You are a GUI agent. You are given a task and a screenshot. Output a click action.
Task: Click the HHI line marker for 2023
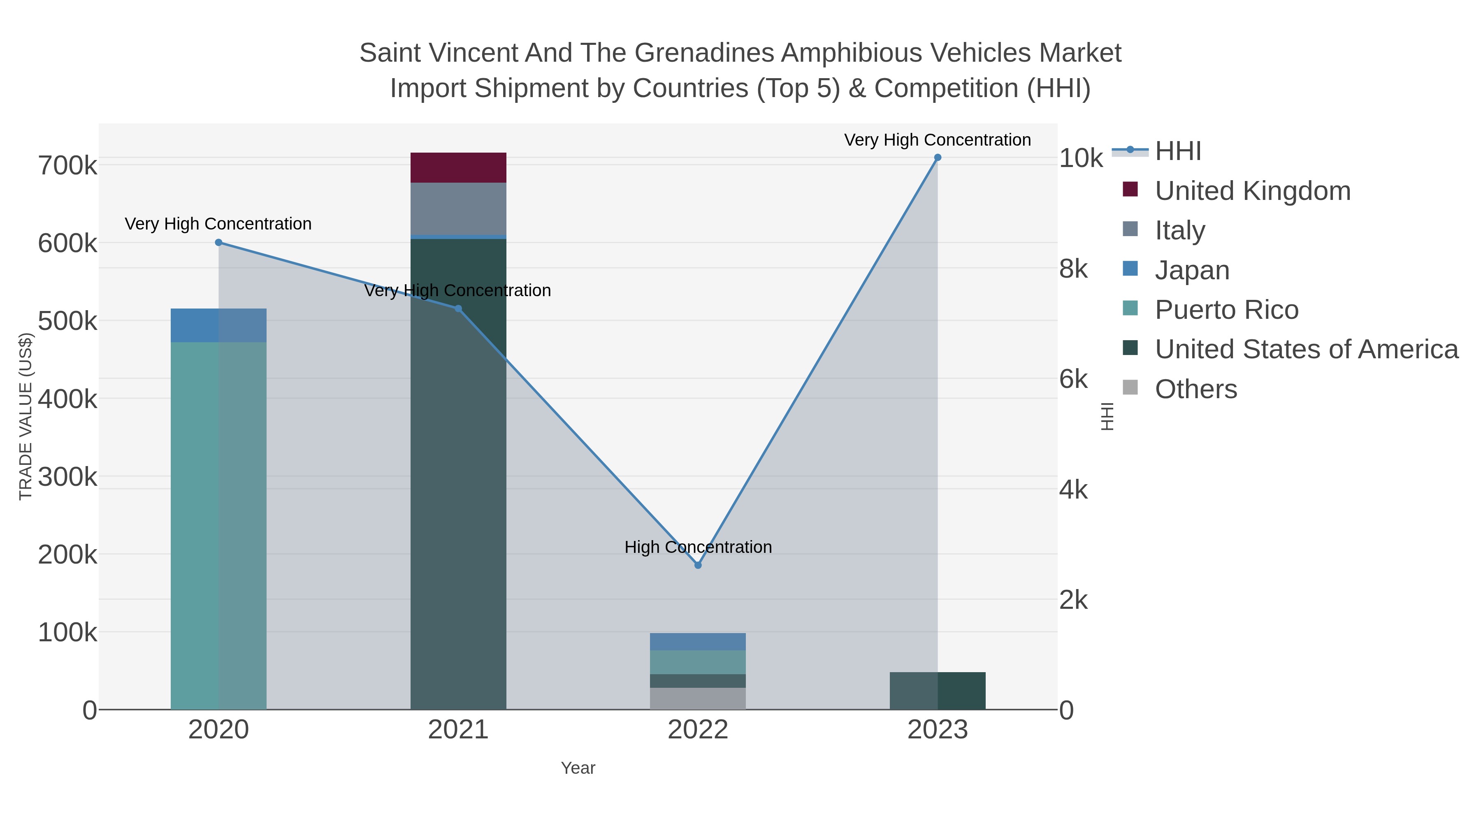(x=937, y=158)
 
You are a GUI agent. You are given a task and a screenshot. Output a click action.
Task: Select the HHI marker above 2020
(x=218, y=243)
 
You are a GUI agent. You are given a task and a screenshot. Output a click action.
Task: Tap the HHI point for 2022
(x=698, y=565)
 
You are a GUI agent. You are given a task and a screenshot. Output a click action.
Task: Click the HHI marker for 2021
(x=458, y=309)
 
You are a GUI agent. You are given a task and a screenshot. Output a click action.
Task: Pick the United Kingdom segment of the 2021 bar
(x=458, y=167)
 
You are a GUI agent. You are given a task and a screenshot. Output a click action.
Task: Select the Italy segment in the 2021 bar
(x=458, y=209)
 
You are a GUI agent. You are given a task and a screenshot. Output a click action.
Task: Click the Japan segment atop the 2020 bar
(x=218, y=325)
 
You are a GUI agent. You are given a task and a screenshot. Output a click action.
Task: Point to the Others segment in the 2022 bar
(x=698, y=698)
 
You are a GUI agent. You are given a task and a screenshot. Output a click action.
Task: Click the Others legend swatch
(x=1130, y=388)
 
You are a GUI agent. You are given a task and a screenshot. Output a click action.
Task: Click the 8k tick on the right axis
(x=1073, y=269)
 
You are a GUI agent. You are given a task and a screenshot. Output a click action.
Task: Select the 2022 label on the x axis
(x=698, y=730)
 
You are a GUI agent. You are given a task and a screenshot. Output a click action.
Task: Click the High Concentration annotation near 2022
(x=698, y=547)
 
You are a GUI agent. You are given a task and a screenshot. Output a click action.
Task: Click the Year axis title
(x=578, y=768)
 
